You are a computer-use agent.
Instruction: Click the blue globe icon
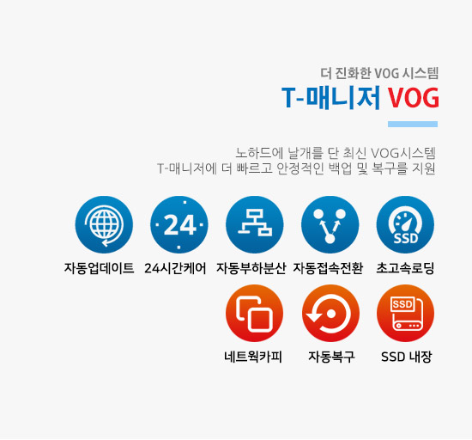pyautogui.click(x=104, y=225)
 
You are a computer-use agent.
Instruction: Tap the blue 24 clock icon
pyautogui.click(x=179, y=225)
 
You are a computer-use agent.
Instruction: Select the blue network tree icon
pyautogui.click(x=255, y=225)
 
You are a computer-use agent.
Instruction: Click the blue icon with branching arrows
pyautogui.click(x=330, y=225)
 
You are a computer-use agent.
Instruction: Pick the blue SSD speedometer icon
pyautogui.click(x=405, y=225)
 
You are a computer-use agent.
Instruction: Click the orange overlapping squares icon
pyautogui.click(x=255, y=314)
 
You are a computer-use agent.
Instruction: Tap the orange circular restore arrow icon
pyautogui.click(x=330, y=314)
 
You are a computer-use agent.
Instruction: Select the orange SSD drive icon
pyautogui.click(x=405, y=314)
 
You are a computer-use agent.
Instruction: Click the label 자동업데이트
pyautogui.click(x=99, y=268)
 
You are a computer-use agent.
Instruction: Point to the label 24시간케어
pyautogui.click(x=175, y=268)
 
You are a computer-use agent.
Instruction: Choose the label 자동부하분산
pyautogui.click(x=251, y=268)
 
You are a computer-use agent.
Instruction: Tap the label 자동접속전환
pyautogui.click(x=328, y=268)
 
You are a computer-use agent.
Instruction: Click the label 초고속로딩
pyautogui.click(x=405, y=268)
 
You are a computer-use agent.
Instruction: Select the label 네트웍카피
pyautogui.click(x=253, y=357)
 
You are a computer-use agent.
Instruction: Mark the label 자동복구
pyautogui.click(x=331, y=357)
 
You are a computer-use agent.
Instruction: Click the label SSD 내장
pyautogui.click(x=407, y=357)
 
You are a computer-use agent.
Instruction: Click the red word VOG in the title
pyautogui.click(x=413, y=98)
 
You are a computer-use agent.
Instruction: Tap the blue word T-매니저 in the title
pyautogui.click(x=331, y=98)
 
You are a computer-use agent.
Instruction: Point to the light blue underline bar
pyautogui.click(x=413, y=124)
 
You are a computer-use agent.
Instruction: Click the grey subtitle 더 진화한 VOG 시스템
pyautogui.click(x=379, y=73)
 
